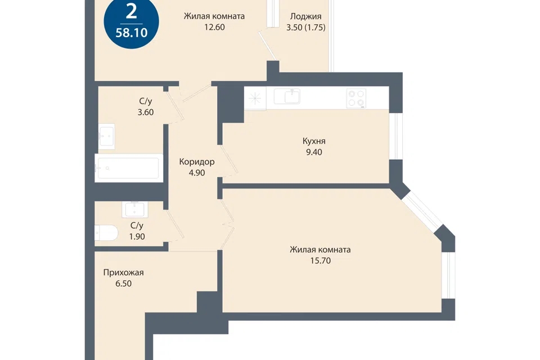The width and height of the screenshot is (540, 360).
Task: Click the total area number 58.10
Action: tap(132, 33)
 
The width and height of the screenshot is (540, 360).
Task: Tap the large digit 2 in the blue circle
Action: tap(132, 12)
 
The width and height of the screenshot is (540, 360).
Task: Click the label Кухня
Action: tap(314, 141)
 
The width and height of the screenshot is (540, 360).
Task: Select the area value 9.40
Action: tap(314, 152)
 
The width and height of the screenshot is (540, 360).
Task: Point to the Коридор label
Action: tap(197, 161)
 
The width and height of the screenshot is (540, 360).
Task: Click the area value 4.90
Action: tap(197, 173)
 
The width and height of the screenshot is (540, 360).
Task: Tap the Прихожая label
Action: tap(123, 272)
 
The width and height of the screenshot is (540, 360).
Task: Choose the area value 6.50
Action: tap(123, 283)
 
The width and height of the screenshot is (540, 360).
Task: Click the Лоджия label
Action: tap(306, 16)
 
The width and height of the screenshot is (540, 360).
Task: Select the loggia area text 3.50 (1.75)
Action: tap(306, 27)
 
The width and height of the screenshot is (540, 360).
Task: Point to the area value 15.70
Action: tap(320, 260)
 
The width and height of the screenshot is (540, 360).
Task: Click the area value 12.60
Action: tap(214, 27)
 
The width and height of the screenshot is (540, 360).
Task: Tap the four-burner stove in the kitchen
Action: tap(357, 98)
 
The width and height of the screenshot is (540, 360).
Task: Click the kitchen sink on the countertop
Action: tap(287, 96)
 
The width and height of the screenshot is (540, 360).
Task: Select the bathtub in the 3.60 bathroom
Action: tap(128, 168)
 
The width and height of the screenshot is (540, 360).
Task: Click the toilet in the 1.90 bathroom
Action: tap(106, 233)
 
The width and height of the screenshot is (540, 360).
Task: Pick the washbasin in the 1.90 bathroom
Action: tap(135, 209)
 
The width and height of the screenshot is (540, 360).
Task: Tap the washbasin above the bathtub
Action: tap(106, 137)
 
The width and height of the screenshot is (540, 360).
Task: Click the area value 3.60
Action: tap(146, 112)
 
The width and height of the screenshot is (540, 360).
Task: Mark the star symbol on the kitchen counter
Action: tap(255, 98)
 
